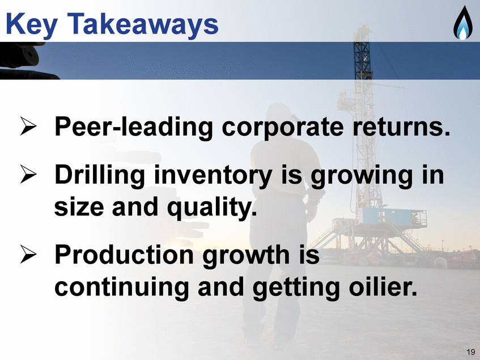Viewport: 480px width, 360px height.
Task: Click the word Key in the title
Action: tap(32, 25)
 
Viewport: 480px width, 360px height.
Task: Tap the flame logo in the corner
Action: tap(462, 23)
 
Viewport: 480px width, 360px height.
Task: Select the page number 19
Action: tap(471, 351)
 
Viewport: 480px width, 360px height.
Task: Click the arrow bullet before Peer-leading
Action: tap(28, 125)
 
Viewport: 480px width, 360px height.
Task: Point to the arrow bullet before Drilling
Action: tap(28, 174)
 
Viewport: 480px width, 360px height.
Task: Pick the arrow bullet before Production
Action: tap(28, 254)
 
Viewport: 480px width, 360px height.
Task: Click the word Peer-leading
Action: tap(134, 127)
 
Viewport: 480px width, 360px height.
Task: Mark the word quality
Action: tap(212, 207)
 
